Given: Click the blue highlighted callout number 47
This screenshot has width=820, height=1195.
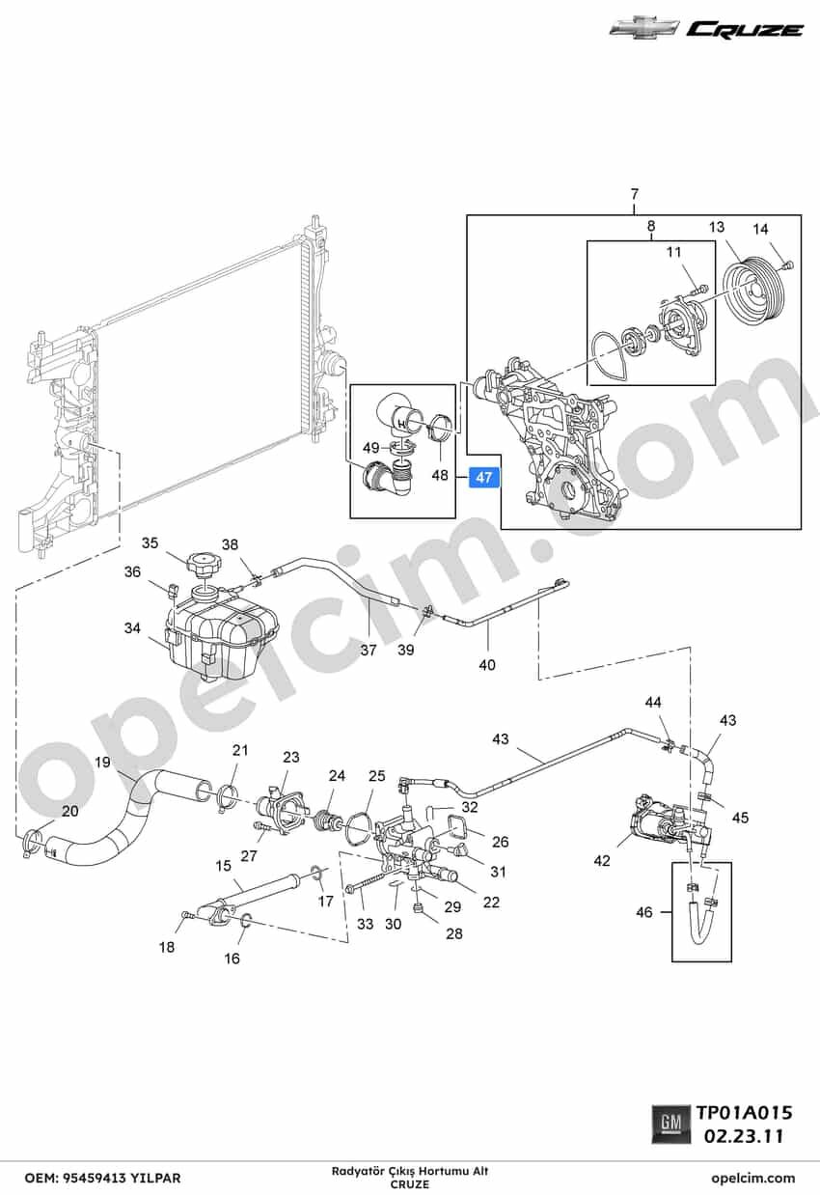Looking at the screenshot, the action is click(484, 477).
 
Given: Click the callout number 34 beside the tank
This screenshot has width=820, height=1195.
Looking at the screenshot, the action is click(132, 628).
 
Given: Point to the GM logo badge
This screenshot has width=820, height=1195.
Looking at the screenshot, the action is click(670, 1124).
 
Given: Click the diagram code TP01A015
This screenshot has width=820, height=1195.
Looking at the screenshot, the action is click(745, 1112).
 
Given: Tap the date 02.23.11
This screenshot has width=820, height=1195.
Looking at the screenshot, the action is click(745, 1136).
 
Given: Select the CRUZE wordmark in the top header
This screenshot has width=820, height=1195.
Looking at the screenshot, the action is click(746, 30).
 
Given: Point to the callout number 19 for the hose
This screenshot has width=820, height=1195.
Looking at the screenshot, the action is click(102, 762).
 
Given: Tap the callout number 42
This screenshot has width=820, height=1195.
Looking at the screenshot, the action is click(602, 860).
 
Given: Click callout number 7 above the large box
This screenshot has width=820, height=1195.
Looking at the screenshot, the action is click(634, 195).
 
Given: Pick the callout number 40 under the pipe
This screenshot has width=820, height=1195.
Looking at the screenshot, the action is click(487, 665).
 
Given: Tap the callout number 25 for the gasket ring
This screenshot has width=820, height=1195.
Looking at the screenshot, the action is click(377, 776).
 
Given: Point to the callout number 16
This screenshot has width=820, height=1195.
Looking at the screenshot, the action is click(232, 959).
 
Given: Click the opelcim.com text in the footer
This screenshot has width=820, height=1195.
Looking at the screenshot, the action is click(752, 1178).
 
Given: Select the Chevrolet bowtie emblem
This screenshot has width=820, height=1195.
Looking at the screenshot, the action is click(644, 31).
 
